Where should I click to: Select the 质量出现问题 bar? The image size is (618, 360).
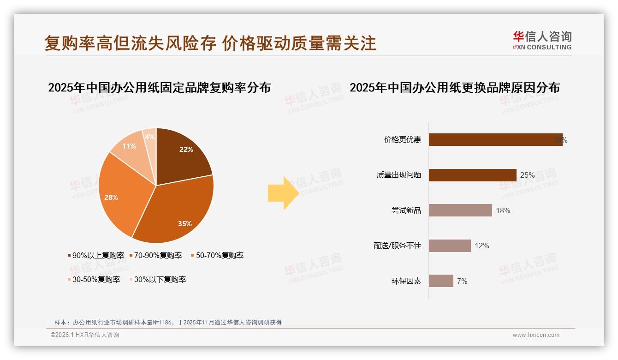click(472, 175)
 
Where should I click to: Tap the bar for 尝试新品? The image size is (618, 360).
click(460, 210)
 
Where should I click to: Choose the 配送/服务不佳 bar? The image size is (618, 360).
click(450, 246)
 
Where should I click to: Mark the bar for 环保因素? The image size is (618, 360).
click(441, 281)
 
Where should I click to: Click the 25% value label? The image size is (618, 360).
click(527, 175)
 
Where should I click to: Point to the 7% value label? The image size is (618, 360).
click(462, 281)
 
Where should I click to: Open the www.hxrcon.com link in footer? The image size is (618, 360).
click(536, 335)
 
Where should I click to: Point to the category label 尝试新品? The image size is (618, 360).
click(406, 210)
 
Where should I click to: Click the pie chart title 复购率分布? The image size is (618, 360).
click(159, 87)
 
